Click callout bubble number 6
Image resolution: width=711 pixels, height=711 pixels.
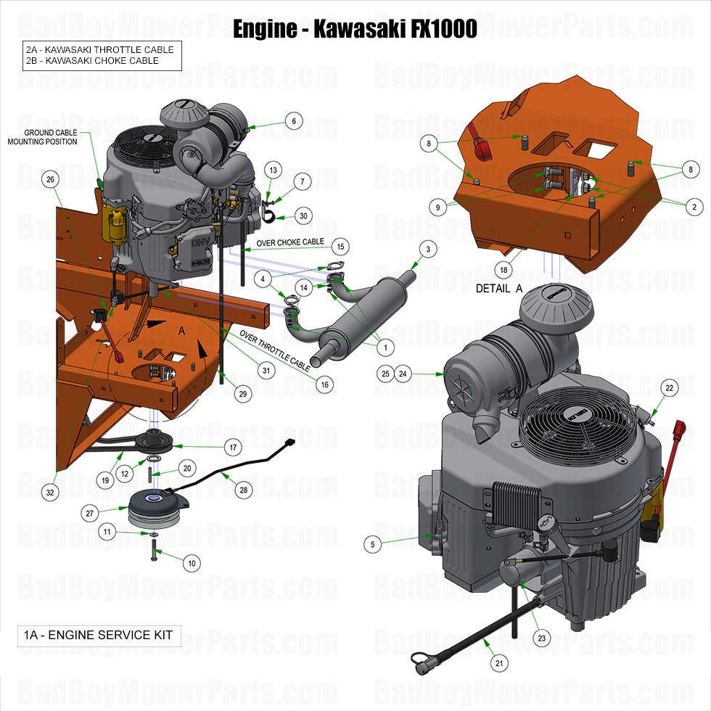pyautogui.click(x=294, y=122)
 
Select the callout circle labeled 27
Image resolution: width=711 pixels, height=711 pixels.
pyautogui.click(x=91, y=513)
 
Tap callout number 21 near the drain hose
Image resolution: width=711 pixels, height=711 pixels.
pyautogui.click(x=498, y=662)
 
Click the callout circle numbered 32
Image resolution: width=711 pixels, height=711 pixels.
pyautogui.click(x=50, y=492)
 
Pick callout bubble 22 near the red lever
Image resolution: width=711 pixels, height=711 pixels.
pyautogui.click(x=669, y=388)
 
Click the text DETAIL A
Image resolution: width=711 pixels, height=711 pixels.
pyautogui.click(x=499, y=288)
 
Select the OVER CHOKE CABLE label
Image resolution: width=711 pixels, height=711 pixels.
pyautogui.click(x=290, y=242)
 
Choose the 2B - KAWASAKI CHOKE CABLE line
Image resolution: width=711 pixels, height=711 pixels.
pyautogui.click(x=92, y=61)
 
